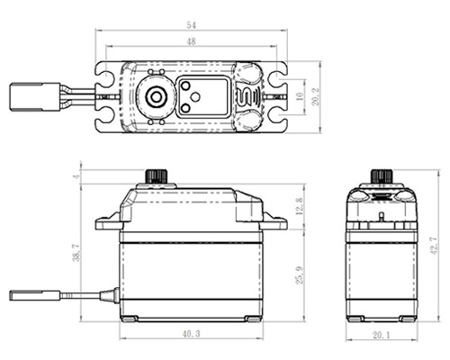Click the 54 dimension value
[191, 25]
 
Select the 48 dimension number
[191, 41]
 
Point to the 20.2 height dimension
[316, 96]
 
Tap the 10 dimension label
[300, 96]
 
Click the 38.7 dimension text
[76, 252]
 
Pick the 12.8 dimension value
[300, 206]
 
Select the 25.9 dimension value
[300, 274]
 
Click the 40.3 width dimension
[191, 334]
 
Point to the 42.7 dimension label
[434, 246]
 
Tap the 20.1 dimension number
[382, 335]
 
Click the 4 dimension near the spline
[77, 176]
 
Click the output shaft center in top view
[156, 97]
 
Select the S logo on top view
[241, 96]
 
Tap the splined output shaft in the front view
[156, 176]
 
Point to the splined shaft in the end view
[382, 176]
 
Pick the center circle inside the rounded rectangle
[195, 97]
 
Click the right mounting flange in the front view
[274, 222]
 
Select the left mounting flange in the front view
[109, 222]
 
